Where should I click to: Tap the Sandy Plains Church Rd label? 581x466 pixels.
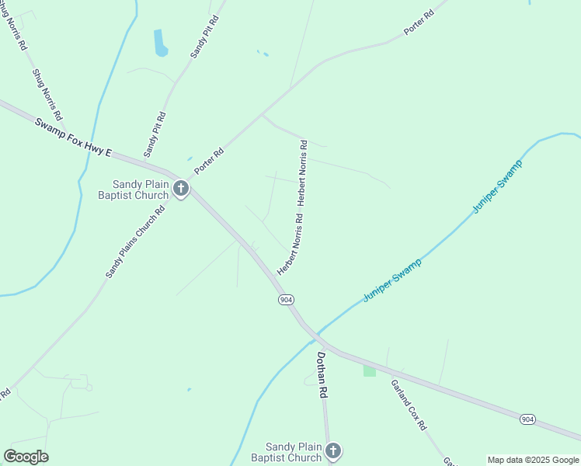pos(137,242)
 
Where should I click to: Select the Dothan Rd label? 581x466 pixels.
pos(320,375)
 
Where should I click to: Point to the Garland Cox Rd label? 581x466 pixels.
pos(409,405)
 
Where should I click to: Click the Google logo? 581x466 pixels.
pos(26,457)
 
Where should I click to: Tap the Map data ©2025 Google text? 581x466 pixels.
pos(534,460)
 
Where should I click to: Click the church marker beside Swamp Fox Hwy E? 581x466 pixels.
pos(180,189)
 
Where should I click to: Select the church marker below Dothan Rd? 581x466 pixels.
pos(333,451)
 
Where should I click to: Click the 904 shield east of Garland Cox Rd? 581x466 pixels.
pos(528,419)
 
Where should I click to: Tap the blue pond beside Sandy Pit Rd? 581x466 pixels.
pos(161,43)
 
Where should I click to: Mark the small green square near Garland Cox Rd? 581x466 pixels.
pos(369,370)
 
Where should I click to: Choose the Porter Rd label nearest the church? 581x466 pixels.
pos(209,161)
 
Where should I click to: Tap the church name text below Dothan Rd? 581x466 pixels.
pos(293,452)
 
